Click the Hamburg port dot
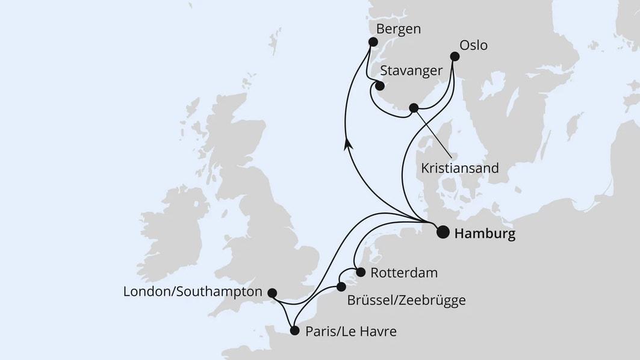point(443,232)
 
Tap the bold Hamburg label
point(485,234)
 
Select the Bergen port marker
point(373,42)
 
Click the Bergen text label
point(398,29)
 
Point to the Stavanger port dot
point(380,85)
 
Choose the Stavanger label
point(411,71)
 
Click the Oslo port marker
point(455,57)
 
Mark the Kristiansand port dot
point(413,108)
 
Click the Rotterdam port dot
point(360,272)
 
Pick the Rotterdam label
point(404,273)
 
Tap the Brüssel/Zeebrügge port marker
point(341,287)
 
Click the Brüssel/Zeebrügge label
point(406,300)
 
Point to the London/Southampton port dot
point(272,293)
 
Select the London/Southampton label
point(193,292)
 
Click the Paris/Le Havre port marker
point(294,331)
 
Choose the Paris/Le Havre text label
point(351,331)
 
